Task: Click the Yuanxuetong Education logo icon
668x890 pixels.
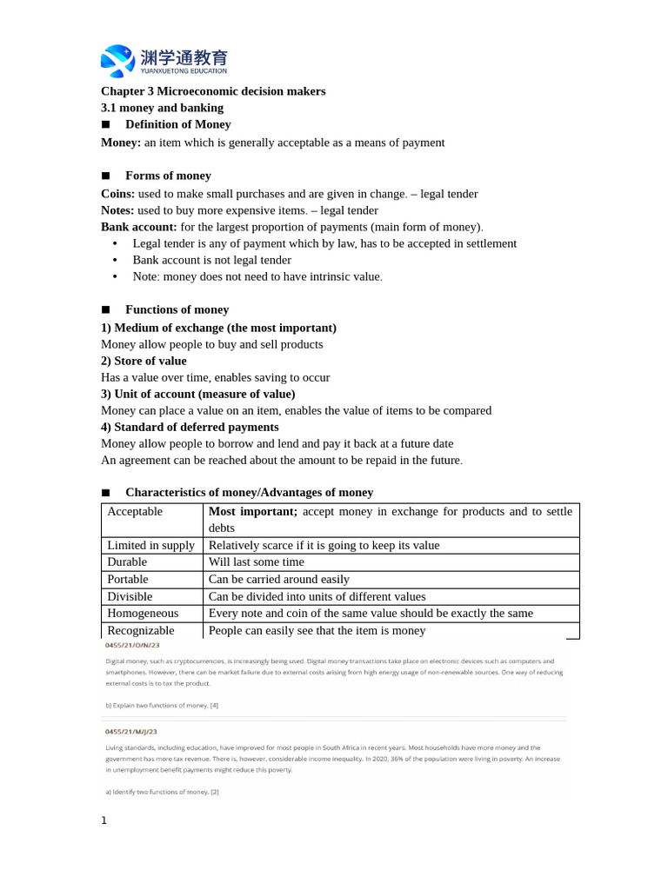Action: click(117, 60)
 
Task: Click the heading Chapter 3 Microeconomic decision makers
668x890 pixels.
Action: click(213, 91)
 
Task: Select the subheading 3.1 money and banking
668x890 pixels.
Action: click(162, 108)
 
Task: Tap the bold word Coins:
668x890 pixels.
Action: click(117, 194)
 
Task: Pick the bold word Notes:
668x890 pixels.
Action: click(117, 210)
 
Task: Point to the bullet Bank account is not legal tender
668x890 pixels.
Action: click(211, 260)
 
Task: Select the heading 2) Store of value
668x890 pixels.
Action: click(144, 361)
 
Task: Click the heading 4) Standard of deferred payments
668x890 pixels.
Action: click(190, 427)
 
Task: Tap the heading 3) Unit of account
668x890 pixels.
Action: click(197, 394)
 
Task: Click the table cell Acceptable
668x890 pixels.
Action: click(135, 512)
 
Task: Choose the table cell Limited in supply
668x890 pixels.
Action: click(150, 546)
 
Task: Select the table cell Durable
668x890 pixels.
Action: click(127, 562)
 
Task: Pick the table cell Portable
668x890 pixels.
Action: click(128, 579)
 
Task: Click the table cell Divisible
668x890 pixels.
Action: click(130, 596)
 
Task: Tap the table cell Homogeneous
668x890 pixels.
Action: click(143, 613)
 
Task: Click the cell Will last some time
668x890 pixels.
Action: click(257, 562)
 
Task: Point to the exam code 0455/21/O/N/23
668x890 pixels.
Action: click(131, 646)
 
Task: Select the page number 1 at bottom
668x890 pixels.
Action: click(104, 820)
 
